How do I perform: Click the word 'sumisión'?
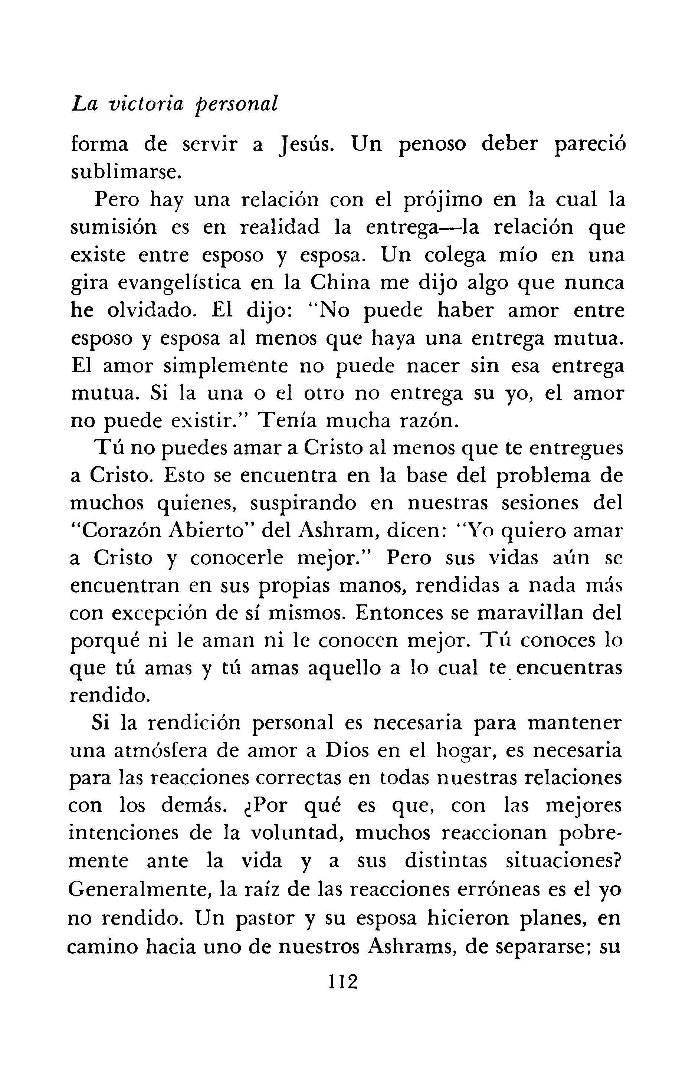(114, 227)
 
